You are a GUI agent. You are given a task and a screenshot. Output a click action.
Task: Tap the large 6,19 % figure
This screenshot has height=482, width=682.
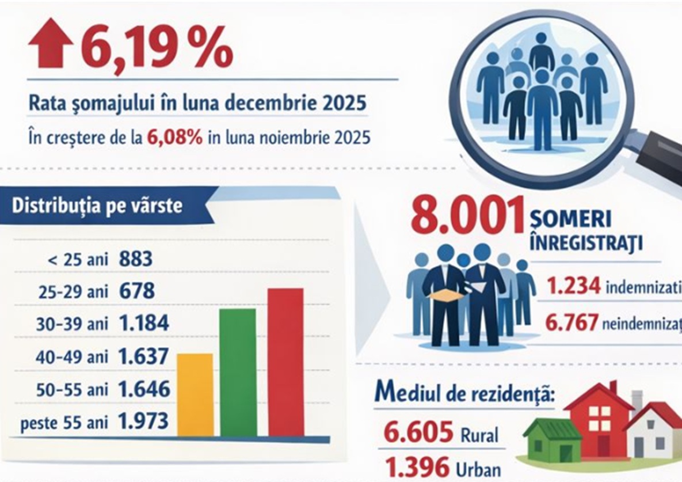tap(155, 49)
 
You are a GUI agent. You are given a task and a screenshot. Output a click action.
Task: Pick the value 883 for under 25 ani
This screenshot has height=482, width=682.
tap(136, 259)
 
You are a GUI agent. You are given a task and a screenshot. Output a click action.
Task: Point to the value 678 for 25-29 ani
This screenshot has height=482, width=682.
tap(137, 291)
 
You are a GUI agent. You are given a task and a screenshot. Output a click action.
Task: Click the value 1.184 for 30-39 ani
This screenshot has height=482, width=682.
tap(144, 324)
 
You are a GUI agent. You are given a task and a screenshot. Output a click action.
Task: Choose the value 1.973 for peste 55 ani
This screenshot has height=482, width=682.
tap(144, 422)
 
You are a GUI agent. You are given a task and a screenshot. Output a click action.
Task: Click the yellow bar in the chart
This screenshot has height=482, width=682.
tap(195, 395)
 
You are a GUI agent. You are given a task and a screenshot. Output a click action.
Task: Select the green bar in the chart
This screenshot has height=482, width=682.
tap(238, 373)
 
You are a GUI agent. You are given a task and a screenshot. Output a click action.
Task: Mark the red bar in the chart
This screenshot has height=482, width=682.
tap(285, 362)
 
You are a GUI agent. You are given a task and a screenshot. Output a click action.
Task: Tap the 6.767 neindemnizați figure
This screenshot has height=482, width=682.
tap(572, 324)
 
